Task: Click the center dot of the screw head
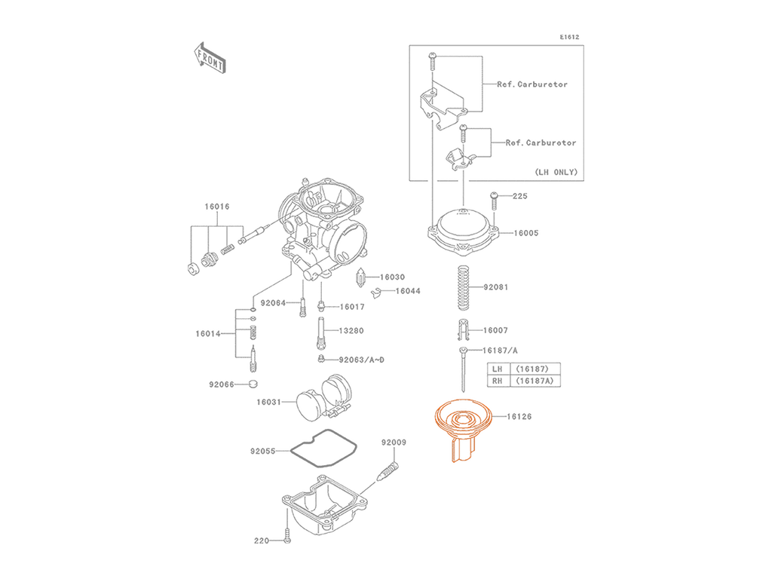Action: point(464,416)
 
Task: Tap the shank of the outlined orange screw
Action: point(461,446)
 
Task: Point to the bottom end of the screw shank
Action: point(460,458)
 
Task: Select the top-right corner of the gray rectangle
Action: point(583,35)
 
